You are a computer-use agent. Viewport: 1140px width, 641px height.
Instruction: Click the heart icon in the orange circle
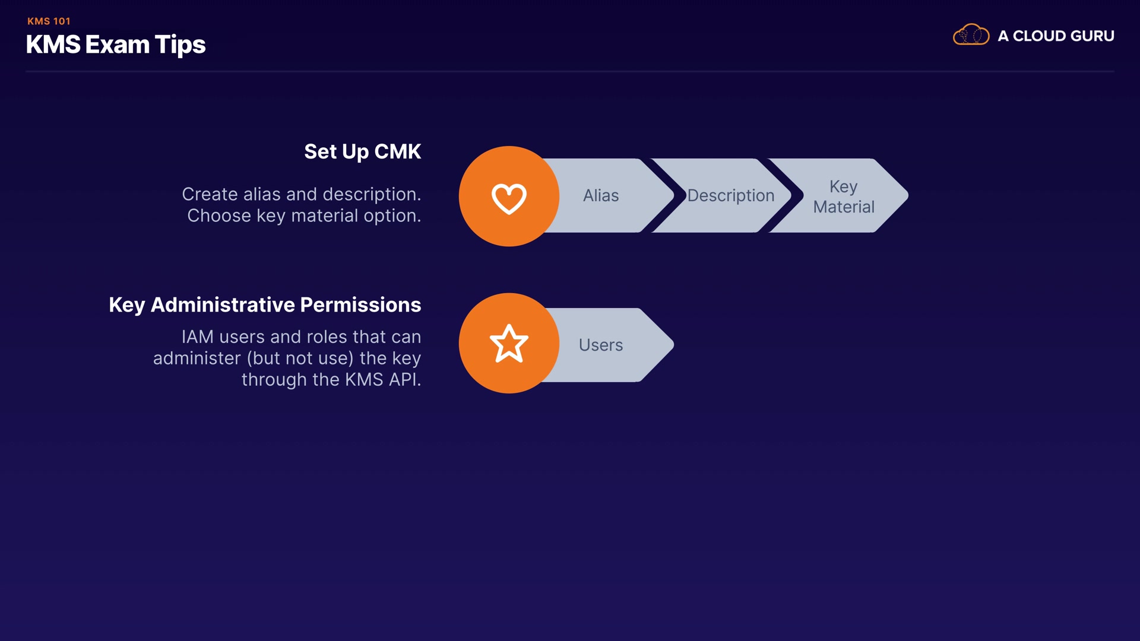pos(509,198)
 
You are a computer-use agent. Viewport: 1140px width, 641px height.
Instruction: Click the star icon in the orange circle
pos(509,344)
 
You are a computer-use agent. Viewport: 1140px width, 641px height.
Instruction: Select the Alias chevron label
pos(600,196)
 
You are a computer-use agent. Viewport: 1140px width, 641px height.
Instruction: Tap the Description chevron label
pos(730,196)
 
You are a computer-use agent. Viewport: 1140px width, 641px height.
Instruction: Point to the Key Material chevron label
pos(843,196)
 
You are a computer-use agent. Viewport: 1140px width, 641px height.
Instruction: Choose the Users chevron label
pos(600,345)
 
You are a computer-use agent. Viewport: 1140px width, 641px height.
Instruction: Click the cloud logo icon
pos(971,35)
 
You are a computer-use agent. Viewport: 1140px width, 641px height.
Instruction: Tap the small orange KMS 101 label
pos(49,21)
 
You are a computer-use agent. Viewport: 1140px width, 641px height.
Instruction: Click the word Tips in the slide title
pos(180,45)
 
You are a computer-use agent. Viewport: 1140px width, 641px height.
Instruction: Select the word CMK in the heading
pos(397,152)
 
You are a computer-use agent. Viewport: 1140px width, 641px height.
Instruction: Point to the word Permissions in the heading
pos(360,305)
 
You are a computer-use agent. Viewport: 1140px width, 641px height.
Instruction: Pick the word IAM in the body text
pos(197,337)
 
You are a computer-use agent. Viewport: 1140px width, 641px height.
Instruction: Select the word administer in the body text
pos(197,358)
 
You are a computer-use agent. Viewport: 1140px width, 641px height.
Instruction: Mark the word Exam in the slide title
pos(117,45)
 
